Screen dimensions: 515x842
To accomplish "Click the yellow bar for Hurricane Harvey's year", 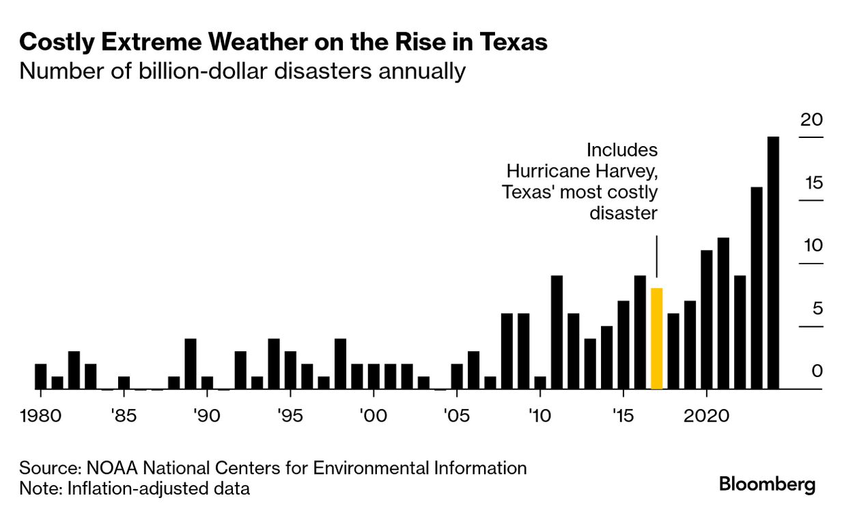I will point(656,339).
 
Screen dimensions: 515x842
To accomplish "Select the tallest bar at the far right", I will point(773,263).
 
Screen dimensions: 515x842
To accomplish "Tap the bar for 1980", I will point(41,376).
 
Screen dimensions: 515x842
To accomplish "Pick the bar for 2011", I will point(557,332).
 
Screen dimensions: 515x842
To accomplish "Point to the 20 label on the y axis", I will point(813,120).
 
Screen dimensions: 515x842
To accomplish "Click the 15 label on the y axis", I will point(813,183).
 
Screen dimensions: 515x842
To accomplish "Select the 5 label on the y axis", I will point(817,309).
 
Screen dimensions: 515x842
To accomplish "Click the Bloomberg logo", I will point(767,485).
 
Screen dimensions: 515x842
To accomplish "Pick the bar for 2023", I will point(757,288).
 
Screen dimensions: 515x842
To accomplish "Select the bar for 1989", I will point(191,363).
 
